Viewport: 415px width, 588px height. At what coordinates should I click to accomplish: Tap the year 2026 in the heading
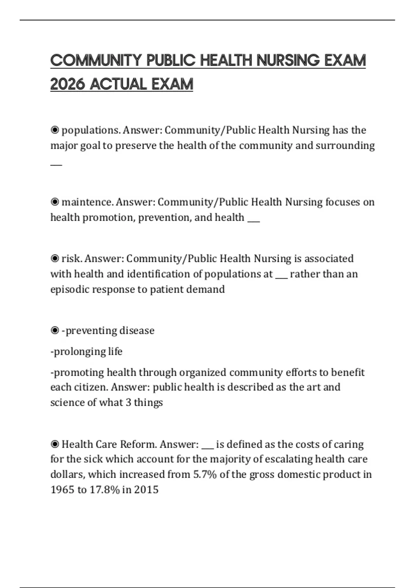[67, 84]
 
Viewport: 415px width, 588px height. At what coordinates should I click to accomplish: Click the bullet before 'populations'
[55, 130]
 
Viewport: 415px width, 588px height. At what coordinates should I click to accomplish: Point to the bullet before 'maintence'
[55, 202]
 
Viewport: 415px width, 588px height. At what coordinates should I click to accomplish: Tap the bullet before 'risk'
[55, 259]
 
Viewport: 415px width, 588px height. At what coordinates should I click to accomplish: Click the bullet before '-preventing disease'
[55, 331]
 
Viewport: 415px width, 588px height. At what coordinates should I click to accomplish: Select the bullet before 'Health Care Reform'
[55, 444]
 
